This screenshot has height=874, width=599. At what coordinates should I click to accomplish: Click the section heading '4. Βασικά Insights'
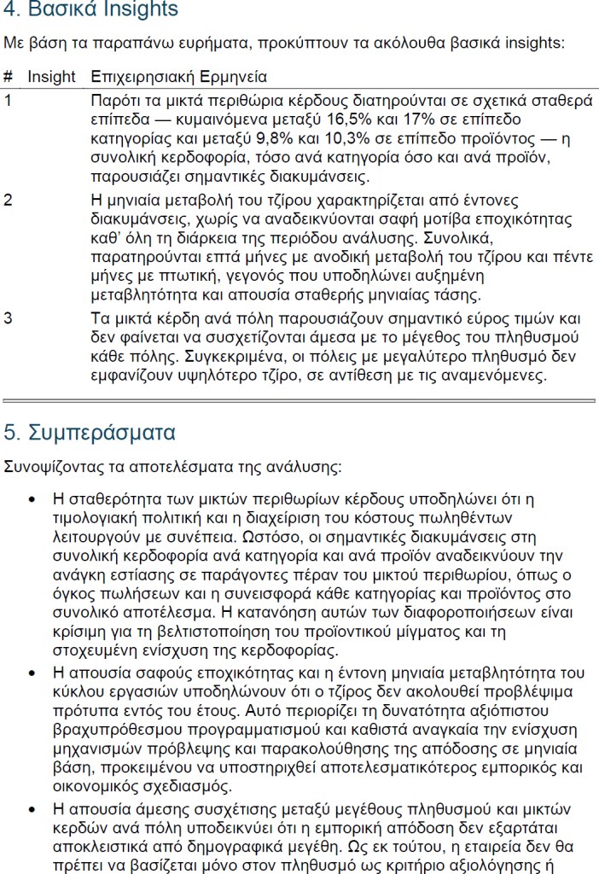[91, 10]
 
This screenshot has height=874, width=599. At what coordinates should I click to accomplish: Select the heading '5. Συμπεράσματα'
[90, 432]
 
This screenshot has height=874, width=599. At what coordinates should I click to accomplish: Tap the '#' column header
[8, 76]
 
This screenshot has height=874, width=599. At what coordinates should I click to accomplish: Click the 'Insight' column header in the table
[51, 76]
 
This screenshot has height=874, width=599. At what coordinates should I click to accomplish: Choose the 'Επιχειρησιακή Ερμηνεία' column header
[178, 76]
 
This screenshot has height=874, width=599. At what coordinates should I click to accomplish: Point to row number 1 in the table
[8, 101]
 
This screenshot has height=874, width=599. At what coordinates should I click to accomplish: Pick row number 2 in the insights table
[8, 201]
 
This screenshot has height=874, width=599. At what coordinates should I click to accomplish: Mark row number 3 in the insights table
[8, 319]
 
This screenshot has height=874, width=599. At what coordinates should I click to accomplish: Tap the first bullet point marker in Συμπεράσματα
[32, 498]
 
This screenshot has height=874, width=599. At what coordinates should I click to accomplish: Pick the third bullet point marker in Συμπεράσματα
[32, 808]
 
